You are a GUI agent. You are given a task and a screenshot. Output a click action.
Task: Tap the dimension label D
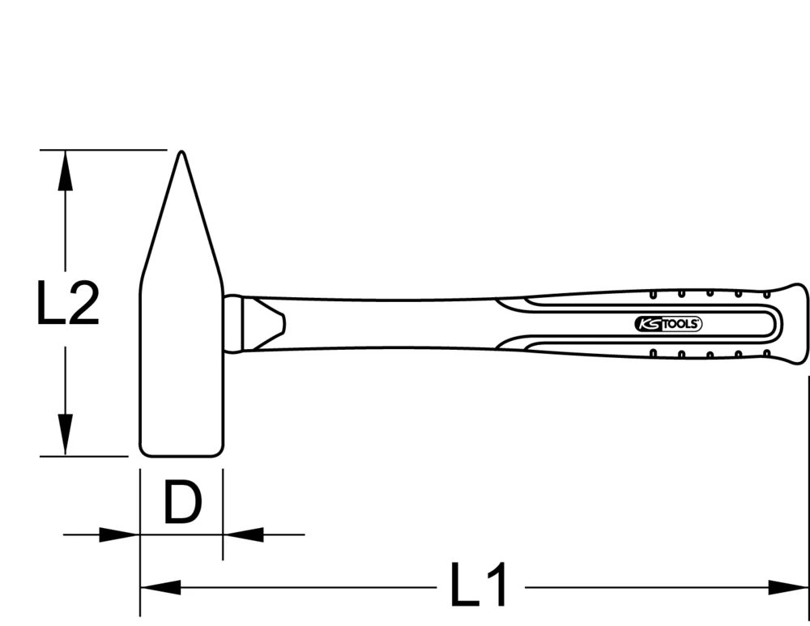click(x=181, y=503)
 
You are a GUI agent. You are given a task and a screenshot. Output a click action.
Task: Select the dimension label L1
click(x=479, y=585)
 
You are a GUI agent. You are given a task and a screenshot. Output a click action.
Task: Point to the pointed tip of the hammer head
click(x=181, y=155)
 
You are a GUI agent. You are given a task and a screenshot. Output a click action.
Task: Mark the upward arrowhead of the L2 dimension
click(x=65, y=170)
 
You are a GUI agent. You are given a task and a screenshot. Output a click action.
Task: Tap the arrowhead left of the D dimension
click(x=119, y=534)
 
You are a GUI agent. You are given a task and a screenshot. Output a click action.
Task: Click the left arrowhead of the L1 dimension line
click(x=160, y=587)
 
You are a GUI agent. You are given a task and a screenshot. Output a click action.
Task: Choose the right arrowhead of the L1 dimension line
click(x=789, y=587)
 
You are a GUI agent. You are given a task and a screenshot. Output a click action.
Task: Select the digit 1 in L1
click(x=496, y=585)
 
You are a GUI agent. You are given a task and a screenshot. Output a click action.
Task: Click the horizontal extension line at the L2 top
click(x=101, y=150)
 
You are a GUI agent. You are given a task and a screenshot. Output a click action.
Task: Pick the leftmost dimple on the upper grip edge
click(x=653, y=294)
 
